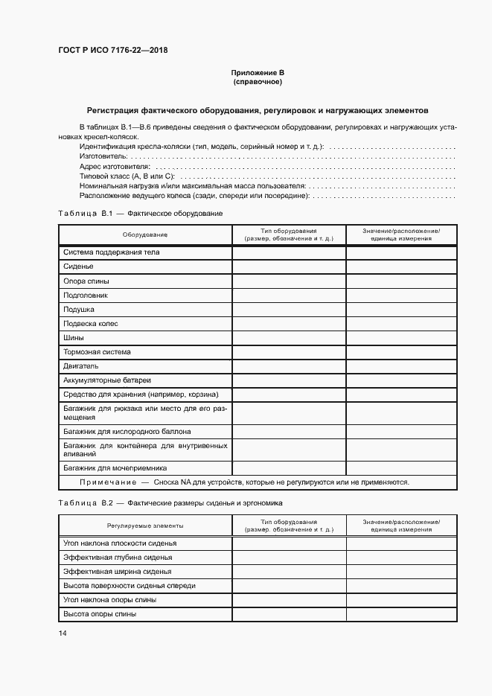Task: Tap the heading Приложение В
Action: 258,73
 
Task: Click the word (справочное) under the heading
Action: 258,82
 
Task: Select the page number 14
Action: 62,633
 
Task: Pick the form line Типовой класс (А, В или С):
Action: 126,176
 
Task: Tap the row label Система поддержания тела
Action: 112,252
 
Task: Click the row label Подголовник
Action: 86,295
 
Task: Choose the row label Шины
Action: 74,338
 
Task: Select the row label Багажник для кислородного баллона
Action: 127,432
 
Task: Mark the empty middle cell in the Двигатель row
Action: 289,366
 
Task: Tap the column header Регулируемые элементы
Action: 145,526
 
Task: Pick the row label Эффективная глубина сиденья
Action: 118,558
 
